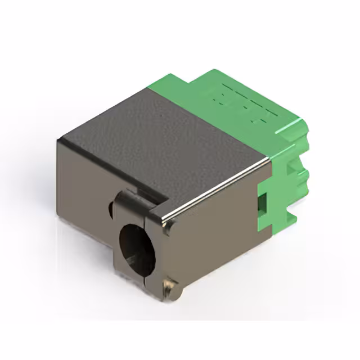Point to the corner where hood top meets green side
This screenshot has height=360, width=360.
click(271, 159)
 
